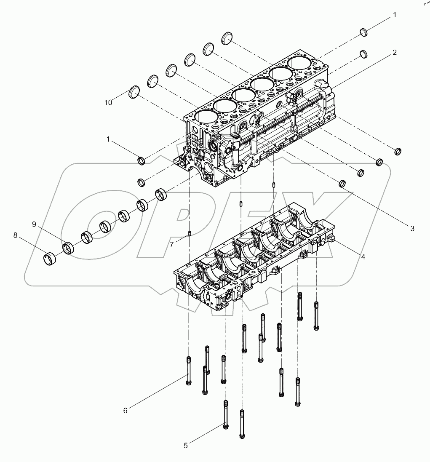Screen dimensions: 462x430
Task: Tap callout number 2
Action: click(x=395, y=53)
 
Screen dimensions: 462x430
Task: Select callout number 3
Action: click(x=412, y=229)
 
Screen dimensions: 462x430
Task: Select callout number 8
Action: click(x=16, y=235)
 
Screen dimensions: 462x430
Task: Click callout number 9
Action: click(x=34, y=224)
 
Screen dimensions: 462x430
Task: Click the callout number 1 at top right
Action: click(x=395, y=15)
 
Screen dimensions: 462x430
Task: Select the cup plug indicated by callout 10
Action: click(x=134, y=92)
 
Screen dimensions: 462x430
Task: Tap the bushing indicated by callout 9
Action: click(x=68, y=248)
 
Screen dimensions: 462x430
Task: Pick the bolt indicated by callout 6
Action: click(x=188, y=371)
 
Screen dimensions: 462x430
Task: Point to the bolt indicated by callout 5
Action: click(x=226, y=414)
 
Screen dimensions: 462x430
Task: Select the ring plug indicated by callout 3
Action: click(x=343, y=183)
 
